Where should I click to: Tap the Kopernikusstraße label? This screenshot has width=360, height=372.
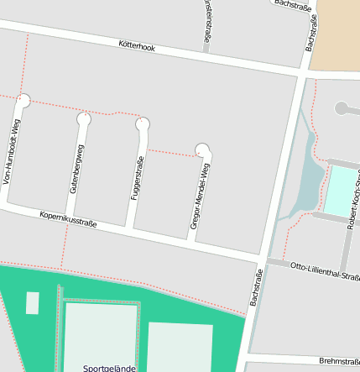click(x=69, y=220)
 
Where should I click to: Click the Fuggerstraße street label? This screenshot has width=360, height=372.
click(x=135, y=176)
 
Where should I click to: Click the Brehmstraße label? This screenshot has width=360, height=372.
click(x=339, y=360)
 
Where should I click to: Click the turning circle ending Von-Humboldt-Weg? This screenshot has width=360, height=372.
click(x=23, y=100)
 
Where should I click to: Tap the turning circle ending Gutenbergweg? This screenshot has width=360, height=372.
click(x=83, y=119)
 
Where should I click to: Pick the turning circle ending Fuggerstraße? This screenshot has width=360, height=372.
click(x=142, y=124)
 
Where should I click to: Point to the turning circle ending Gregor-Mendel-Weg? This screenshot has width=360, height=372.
click(x=202, y=150)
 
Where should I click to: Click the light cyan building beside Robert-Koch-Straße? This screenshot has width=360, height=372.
click(x=341, y=191)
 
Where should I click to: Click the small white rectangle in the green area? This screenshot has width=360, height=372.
click(x=32, y=302)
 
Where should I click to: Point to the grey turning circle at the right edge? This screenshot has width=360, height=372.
click(x=342, y=107)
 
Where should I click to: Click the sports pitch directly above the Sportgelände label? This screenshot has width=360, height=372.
click(x=101, y=332)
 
